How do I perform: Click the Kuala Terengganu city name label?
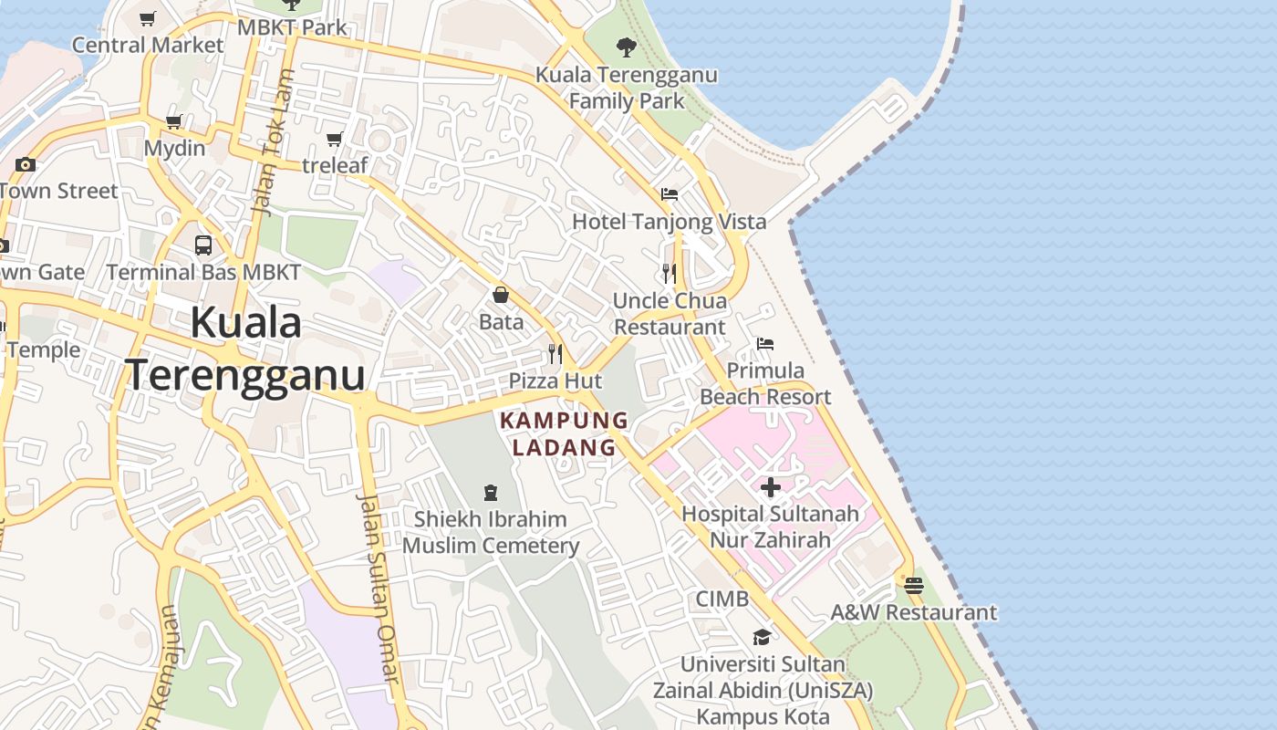(245, 349)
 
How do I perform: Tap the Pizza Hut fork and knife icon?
(555, 354)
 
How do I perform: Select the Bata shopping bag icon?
(501, 295)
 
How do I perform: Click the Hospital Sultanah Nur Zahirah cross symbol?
(771, 487)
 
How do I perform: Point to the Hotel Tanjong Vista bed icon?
(669, 194)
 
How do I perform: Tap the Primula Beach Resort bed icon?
(765, 344)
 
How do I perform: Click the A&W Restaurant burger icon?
(914, 585)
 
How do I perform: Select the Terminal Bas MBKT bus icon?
(203, 245)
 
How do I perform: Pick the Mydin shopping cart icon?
(174, 121)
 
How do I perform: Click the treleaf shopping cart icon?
(335, 139)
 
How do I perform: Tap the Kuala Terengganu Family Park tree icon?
(626, 47)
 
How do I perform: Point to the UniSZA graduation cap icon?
(762, 637)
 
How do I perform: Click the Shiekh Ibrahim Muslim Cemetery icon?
(491, 493)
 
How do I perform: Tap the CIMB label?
(722, 599)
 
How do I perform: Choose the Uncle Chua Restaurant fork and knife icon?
(670, 273)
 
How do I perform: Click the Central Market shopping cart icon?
(148, 18)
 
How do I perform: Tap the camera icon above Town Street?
(26, 164)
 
